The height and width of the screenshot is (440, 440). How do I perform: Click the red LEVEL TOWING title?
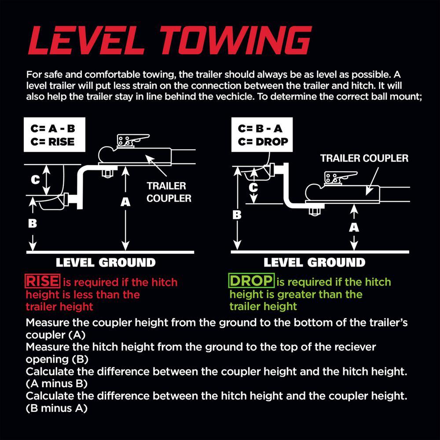coord(170,40)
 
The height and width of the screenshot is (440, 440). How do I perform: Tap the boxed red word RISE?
coord(42,281)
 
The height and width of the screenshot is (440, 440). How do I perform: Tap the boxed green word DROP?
coord(251,281)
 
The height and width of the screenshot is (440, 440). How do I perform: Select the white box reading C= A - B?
coord(55,135)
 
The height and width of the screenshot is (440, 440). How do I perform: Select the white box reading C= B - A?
coord(262,135)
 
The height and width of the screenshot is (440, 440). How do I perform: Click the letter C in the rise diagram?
coord(35,180)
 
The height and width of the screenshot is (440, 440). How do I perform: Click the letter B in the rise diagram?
coord(33,224)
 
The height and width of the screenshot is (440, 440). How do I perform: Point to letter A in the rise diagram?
coord(125,202)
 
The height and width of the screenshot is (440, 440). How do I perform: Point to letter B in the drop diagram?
coord(237,215)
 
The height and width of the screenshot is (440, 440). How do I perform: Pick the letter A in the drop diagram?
coord(354,227)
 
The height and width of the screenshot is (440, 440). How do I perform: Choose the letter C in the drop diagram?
coord(253,187)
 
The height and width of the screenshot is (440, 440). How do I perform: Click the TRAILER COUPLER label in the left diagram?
coord(169,192)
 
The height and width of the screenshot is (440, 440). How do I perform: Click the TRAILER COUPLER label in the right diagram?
coord(364,158)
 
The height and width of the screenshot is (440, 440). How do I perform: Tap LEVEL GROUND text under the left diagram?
coord(106,263)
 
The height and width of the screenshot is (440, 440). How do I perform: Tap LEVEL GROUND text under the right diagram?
coord(314,263)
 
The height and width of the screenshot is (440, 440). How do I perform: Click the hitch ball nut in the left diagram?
coord(107,173)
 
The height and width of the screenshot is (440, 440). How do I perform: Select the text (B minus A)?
coord(57,408)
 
